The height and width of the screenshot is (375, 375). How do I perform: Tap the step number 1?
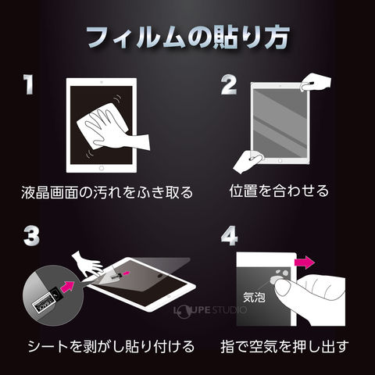pyautogui.click(x=28, y=84)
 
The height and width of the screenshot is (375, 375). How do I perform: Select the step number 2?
pyautogui.click(x=229, y=84)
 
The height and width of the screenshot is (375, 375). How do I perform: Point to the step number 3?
pyautogui.click(x=31, y=236)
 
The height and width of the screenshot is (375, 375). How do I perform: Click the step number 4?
pyautogui.click(x=229, y=236)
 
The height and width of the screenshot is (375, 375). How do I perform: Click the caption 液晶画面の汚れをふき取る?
pyautogui.click(x=107, y=192)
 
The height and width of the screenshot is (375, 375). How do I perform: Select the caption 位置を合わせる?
pyautogui.click(x=279, y=191)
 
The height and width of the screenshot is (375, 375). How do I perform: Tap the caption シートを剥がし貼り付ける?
pyautogui.click(x=111, y=346)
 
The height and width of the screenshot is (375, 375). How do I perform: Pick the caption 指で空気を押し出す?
pyautogui.click(x=284, y=346)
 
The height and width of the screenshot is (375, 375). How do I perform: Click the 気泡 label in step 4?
pyautogui.click(x=254, y=297)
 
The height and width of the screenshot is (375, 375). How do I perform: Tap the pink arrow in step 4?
pyautogui.click(x=304, y=262)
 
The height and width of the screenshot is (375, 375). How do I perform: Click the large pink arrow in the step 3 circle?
pyautogui.click(x=67, y=286)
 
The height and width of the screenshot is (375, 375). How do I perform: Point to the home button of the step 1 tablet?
pyautogui.click(x=102, y=168)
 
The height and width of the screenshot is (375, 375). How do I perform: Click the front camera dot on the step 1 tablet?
pyautogui.click(x=102, y=82)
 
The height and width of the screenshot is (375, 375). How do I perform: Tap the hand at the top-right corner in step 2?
pyautogui.click(x=316, y=82)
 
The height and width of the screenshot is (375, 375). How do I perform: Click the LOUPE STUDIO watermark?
pyautogui.click(x=210, y=310)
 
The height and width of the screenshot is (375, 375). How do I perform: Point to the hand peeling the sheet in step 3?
pyautogui.click(x=87, y=263)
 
